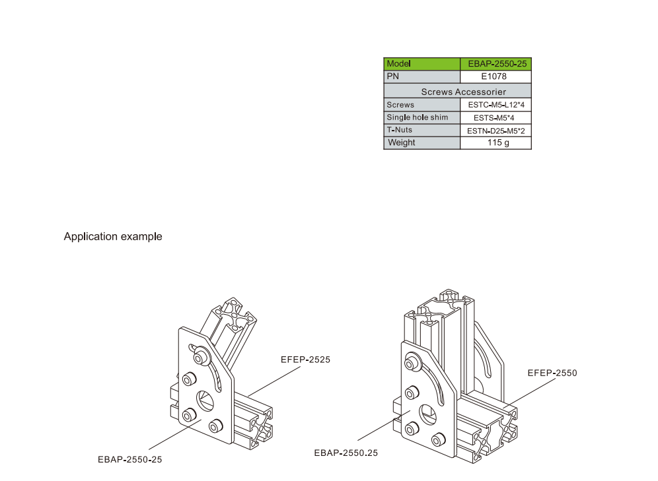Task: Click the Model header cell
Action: point(421,64)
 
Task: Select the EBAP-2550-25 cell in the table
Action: point(496,64)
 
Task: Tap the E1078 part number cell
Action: point(496,77)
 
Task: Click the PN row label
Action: point(421,77)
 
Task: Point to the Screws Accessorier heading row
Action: point(457,91)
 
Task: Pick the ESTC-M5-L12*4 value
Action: point(496,105)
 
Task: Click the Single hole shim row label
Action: point(421,117)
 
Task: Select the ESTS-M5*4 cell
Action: point(496,117)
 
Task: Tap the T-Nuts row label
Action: point(421,130)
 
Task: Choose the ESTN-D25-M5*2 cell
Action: point(496,130)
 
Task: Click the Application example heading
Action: point(113,237)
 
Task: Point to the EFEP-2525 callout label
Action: point(305,360)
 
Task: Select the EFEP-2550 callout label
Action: point(552,373)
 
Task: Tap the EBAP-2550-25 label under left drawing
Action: point(129,460)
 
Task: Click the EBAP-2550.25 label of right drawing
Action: point(346,453)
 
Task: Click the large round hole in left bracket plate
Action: point(205,401)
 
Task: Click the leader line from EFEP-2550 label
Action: point(531,392)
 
